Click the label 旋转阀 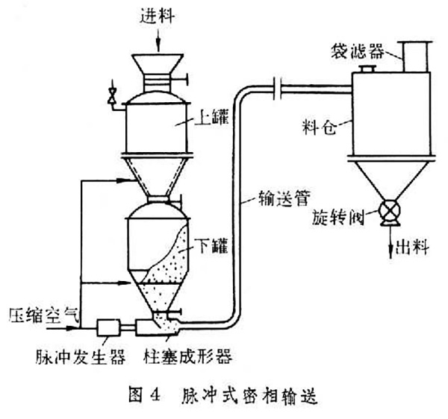pyautogui.click(x=337, y=220)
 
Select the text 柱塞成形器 pyautogui.click(x=187, y=357)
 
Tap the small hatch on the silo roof pyautogui.click(x=365, y=69)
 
